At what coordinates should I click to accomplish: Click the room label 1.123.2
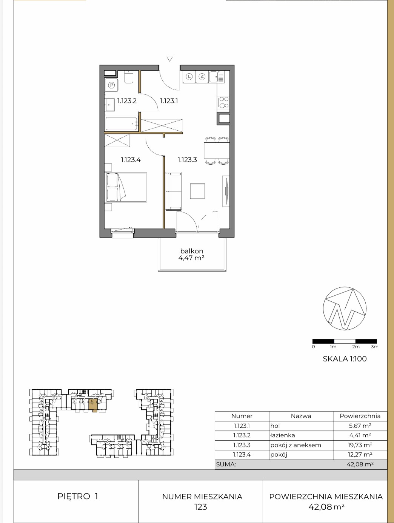click(x=127, y=101)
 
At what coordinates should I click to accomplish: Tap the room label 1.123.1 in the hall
click(x=169, y=101)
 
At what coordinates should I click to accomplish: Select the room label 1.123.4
click(x=131, y=160)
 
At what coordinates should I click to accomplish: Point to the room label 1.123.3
click(x=187, y=160)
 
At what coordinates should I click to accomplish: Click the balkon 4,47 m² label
click(x=192, y=255)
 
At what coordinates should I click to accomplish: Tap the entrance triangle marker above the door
click(x=169, y=59)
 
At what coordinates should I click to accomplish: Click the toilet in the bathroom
click(x=129, y=77)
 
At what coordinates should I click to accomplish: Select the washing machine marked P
click(x=111, y=85)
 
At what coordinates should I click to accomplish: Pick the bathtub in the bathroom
click(x=122, y=123)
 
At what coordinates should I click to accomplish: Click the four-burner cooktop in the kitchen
click(x=223, y=102)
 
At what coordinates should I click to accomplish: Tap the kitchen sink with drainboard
click(x=217, y=77)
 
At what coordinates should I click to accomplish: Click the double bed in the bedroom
click(x=126, y=188)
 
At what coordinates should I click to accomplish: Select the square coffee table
click(x=198, y=191)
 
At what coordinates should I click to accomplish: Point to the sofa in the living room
click(x=174, y=191)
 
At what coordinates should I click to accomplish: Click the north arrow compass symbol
click(x=345, y=308)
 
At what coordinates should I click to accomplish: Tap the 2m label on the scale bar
click(x=356, y=347)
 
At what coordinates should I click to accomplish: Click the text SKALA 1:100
click(x=345, y=359)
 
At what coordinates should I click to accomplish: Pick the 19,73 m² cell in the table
click(x=360, y=445)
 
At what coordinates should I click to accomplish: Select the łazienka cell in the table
click(x=283, y=435)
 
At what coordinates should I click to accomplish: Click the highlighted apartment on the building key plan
click(x=93, y=405)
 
